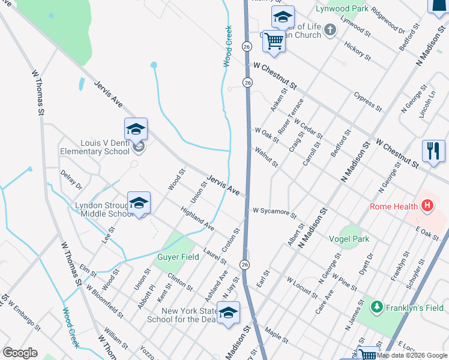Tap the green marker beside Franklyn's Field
tap(376, 308)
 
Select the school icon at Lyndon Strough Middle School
tap(139, 203)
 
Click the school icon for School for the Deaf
tap(228, 313)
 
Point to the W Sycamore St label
tap(274, 212)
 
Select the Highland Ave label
tap(197, 219)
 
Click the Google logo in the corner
tap(20, 353)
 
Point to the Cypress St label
tap(367, 101)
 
